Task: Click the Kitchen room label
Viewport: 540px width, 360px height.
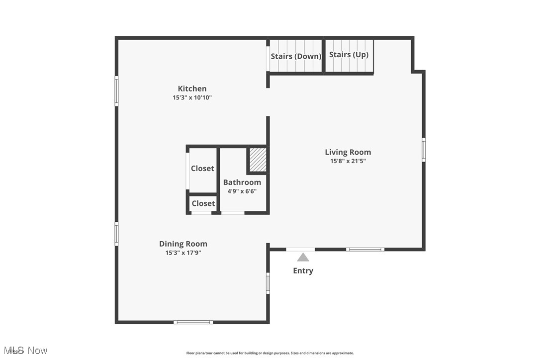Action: click(192, 89)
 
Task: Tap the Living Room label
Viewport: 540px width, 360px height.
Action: click(348, 152)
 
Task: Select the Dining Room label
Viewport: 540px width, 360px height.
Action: click(183, 244)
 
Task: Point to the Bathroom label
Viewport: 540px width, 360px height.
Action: click(242, 182)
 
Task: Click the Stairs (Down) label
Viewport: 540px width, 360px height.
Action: click(296, 56)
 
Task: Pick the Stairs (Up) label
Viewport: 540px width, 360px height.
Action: click(349, 55)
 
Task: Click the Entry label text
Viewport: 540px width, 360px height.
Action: click(303, 271)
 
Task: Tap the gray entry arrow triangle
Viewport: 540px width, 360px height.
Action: click(303, 257)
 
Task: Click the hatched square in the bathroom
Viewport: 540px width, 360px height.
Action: click(258, 160)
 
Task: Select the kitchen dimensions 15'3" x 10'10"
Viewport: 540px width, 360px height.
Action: click(192, 98)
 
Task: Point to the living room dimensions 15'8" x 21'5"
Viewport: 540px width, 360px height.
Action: click(348, 161)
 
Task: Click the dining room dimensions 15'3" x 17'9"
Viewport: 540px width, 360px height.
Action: click(183, 253)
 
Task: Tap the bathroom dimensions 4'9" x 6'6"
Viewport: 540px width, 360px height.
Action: click(242, 191)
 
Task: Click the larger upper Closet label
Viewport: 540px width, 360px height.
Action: click(202, 169)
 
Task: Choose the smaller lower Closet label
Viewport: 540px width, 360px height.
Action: click(203, 203)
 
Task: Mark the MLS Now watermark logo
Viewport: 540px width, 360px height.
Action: click(25, 351)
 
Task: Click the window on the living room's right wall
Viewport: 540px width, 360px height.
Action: click(424, 150)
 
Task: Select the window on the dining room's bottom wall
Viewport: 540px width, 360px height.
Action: click(193, 322)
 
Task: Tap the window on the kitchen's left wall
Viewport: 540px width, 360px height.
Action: click(117, 91)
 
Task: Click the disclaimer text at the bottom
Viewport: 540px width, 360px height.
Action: click(270, 353)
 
